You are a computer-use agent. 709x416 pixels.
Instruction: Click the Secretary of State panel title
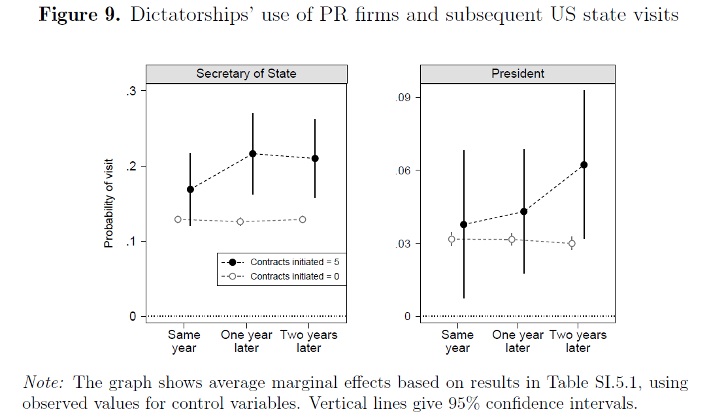(246, 74)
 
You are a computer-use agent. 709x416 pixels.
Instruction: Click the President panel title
(518, 74)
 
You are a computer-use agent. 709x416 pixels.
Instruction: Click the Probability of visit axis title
(109, 203)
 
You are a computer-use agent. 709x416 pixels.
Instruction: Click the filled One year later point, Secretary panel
(252, 153)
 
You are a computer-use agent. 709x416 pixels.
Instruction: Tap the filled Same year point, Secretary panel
(190, 189)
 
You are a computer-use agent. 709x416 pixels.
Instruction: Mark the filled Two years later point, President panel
(584, 165)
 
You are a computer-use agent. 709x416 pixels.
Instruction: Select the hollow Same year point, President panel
(452, 239)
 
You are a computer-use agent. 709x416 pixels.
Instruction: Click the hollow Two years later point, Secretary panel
(303, 219)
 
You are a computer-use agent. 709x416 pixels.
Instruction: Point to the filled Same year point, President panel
(464, 225)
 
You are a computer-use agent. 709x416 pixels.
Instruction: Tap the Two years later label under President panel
(578, 342)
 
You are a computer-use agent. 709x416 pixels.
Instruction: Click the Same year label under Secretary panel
(184, 342)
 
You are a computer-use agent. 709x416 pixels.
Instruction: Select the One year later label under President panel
(518, 342)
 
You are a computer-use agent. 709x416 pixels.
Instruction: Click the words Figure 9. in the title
(80, 15)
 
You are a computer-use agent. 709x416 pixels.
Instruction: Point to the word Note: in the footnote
(46, 383)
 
